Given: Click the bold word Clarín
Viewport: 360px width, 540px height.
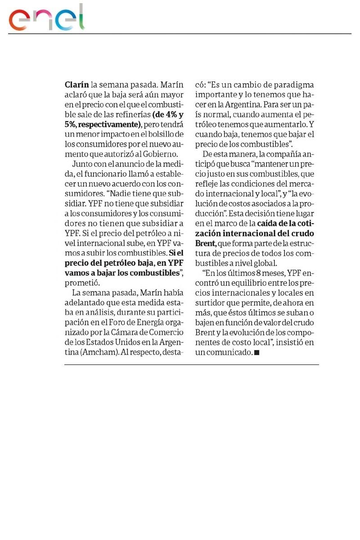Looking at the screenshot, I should coord(76,84).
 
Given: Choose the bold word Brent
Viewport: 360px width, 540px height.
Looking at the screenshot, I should coord(206,243).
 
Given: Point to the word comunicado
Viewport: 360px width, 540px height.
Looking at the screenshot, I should coord(229,352).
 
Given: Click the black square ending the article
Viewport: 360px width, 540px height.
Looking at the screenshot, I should coord(257,353).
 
